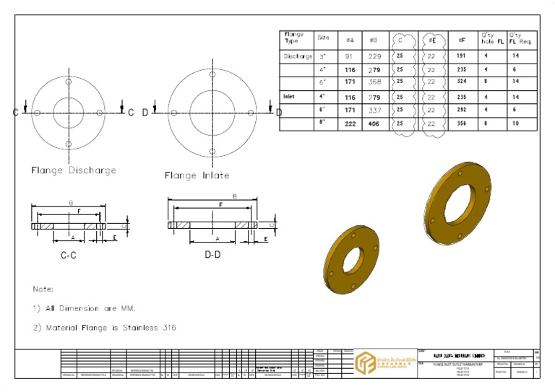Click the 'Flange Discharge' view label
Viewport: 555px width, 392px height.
(74, 170)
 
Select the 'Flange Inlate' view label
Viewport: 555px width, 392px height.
(197, 175)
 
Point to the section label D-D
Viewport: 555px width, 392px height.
(212, 255)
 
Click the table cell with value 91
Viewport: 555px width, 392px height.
(350, 56)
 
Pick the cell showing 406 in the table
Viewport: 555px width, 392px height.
(374, 123)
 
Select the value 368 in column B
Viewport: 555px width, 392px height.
(374, 82)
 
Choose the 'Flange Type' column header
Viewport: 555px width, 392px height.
(295, 38)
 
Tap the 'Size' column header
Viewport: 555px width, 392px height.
(324, 38)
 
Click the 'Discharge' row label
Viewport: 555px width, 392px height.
(298, 56)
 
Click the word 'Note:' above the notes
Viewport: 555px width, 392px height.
(43, 289)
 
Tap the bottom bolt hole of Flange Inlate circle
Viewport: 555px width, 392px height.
(212, 151)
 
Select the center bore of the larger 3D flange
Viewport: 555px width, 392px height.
(457, 201)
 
